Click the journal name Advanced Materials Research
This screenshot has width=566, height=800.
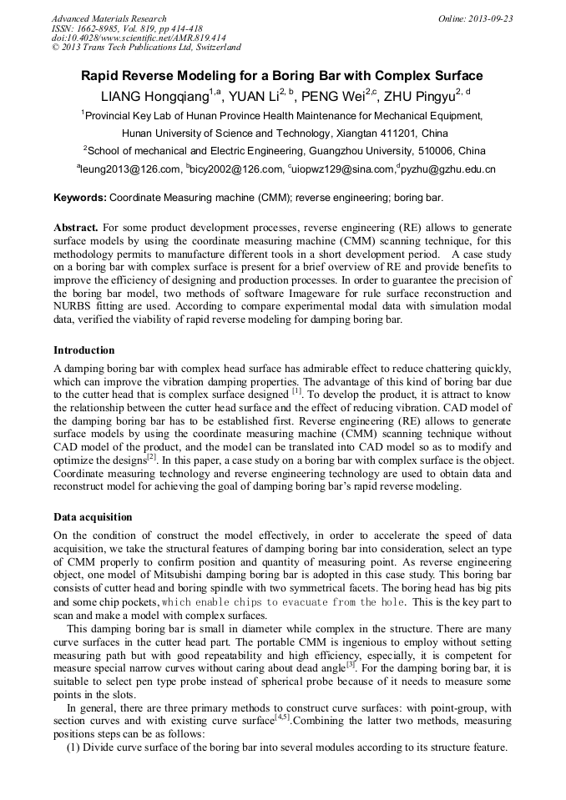109,18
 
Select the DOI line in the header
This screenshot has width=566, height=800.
139,38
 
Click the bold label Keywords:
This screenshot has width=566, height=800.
80,199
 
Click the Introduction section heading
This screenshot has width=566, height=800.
84,350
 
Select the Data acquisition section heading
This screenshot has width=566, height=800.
93,517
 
